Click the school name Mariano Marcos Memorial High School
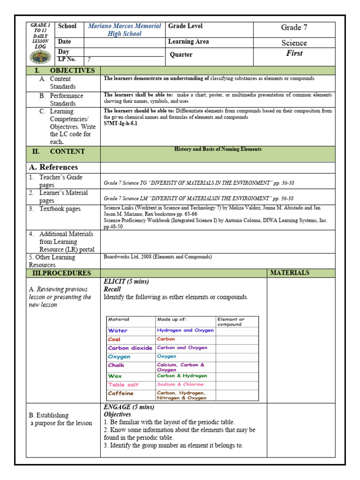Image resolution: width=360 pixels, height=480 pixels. click(125, 30)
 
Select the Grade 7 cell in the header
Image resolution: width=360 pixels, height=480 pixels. click(294, 28)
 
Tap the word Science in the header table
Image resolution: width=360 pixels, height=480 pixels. click(294, 43)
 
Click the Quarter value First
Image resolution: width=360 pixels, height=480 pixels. click(294, 53)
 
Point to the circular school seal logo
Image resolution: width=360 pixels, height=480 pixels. click(39, 58)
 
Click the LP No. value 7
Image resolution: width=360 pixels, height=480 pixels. click(89, 60)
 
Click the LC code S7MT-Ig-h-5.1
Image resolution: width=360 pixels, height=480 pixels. click(120, 124)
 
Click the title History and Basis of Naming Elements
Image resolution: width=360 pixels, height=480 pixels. click(218, 149)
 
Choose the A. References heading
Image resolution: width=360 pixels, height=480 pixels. click(53, 167)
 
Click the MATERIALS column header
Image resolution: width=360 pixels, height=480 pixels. click(290, 272)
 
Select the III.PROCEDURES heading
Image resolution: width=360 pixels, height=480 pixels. click(61, 273)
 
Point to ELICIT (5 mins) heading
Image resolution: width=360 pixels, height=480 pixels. click(126, 281)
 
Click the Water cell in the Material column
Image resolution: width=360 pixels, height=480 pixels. click(118, 330)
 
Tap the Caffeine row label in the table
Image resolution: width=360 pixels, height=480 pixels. click(120, 393)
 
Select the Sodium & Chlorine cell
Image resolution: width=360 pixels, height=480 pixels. click(180, 384)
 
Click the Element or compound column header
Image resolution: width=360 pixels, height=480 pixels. click(231, 322)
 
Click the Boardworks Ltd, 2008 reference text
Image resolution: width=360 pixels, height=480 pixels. click(157, 257)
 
